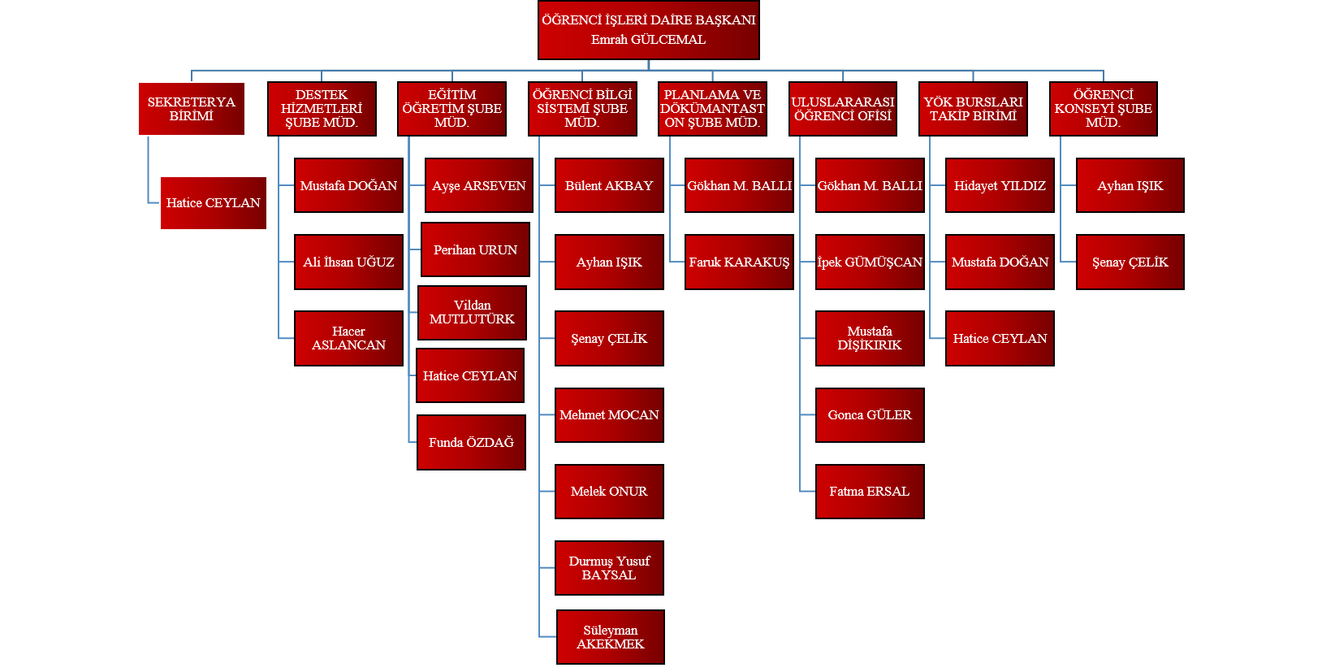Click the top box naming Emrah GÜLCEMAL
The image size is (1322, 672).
(x=648, y=30)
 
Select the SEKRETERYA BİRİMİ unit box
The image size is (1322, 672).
(x=192, y=109)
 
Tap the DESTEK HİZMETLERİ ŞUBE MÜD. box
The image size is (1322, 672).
(x=322, y=109)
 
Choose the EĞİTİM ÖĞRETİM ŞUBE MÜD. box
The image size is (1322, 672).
(x=451, y=109)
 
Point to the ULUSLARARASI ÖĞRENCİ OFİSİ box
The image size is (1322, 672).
(x=843, y=109)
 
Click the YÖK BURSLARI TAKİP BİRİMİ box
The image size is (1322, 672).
(x=973, y=109)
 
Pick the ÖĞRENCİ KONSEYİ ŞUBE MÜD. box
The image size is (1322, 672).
(x=1103, y=109)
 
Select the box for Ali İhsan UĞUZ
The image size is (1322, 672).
(x=348, y=262)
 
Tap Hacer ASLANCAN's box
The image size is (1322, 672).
(x=348, y=338)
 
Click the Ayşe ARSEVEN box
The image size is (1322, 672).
(x=478, y=185)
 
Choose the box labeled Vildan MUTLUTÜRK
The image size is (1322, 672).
(x=472, y=313)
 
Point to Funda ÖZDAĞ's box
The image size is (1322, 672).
(x=471, y=442)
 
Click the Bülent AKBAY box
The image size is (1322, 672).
(x=609, y=185)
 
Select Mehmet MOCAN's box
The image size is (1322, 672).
(x=609, y=415)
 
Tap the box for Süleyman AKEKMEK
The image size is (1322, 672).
(x=611, y=637)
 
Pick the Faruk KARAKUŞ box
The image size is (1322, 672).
(x=739, y=262)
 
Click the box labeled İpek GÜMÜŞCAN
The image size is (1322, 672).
(x=870, y=262)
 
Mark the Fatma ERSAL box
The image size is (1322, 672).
(x=870, y=492)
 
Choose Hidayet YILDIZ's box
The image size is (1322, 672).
(x=1000, y=185)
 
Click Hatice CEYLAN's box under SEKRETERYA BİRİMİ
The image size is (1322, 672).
(x=214, y=203)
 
